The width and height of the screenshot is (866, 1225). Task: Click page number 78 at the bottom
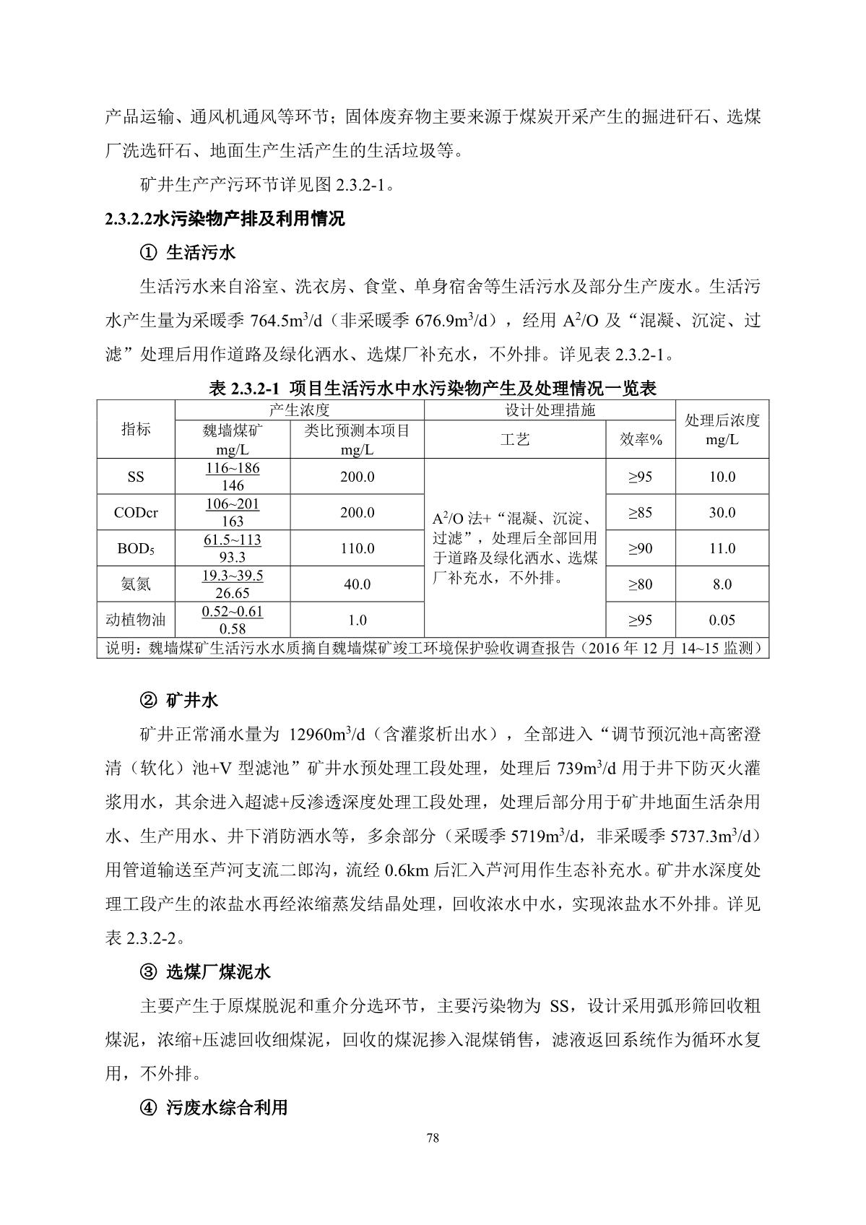(433, 1139)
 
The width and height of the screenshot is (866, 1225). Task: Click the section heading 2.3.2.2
(225, 219)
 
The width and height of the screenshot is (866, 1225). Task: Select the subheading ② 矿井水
(178, 700)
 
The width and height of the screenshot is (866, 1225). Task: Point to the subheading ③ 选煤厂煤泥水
(204, 971)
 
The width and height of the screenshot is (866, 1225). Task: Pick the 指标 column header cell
(136, 429)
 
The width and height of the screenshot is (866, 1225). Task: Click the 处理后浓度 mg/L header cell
(722, 430)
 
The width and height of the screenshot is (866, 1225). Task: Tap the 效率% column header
(641, 439)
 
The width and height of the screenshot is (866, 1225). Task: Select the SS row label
(136, 477)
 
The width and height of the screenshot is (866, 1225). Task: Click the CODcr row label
(136, 513)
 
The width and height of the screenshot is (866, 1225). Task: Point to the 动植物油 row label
(136, 620)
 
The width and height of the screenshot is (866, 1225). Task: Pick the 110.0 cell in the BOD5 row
(357, 549)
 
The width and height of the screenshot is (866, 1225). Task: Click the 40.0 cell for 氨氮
(357, 584)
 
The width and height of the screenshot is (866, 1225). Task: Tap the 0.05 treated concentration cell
(722, 620)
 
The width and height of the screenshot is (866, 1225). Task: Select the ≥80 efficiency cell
(641, 584)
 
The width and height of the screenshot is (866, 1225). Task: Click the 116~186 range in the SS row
(233, 468)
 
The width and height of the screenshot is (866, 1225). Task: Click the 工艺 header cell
(515, 439)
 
